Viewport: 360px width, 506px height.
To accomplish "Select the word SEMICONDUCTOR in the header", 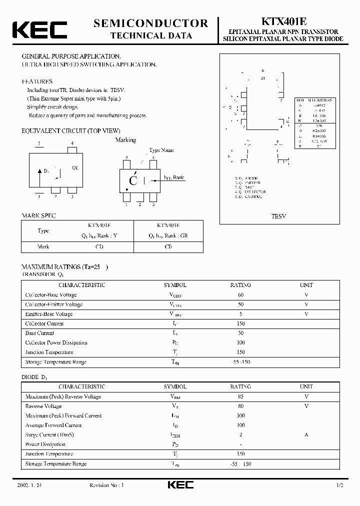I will coord(151,23).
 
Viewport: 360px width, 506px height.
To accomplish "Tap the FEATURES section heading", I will coord(37,81).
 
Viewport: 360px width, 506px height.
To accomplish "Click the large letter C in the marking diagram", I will coord(133,181).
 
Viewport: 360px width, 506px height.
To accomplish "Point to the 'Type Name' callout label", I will coord(161,150).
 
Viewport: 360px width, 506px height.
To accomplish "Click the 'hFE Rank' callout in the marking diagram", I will coord(174,177).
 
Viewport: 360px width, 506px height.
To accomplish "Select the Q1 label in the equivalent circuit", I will coord(75,167).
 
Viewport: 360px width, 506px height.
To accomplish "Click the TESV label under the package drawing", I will coord(278,216).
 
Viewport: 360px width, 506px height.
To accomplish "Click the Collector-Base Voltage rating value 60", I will coord(241,294).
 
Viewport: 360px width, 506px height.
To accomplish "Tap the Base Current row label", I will coord(40,333).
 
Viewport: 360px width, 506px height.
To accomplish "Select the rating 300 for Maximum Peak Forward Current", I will coord(241,415).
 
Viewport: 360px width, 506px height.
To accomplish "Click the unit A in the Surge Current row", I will coord(306,434).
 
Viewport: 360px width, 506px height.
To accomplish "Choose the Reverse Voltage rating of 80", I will coord(241,406).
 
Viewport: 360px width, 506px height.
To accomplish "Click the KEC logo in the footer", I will coord(180,485).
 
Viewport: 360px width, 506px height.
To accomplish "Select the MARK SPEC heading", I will coord(39,215).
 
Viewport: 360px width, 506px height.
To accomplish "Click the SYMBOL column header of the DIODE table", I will coord(175,386).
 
